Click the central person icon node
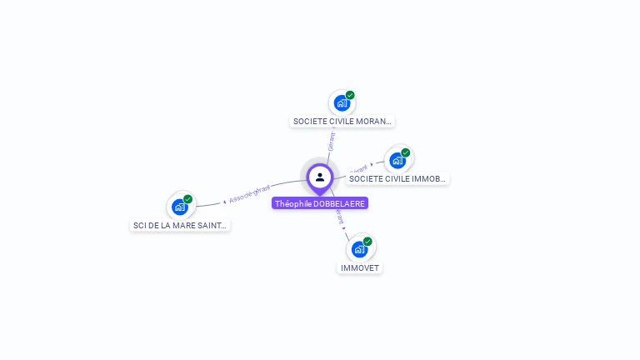point(320,177)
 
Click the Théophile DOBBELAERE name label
point(320,203)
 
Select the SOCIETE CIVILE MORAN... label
point(342,121)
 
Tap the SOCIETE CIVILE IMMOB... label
point(398,178)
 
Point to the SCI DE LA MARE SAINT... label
point(180,225)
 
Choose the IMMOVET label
point(360,268)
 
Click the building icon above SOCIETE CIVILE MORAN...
point(341,103)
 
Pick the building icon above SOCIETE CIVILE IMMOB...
point(397,161)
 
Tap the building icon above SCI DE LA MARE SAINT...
point(179,207)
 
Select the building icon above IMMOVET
point(359,249)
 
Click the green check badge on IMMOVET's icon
point(367,242)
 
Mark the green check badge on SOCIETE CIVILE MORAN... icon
point(350,95)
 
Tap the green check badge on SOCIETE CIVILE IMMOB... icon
point(406,152)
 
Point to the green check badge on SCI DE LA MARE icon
point(188,199)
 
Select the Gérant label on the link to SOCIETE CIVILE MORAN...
point(332,142)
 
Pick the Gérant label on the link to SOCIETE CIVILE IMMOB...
point(359,168)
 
